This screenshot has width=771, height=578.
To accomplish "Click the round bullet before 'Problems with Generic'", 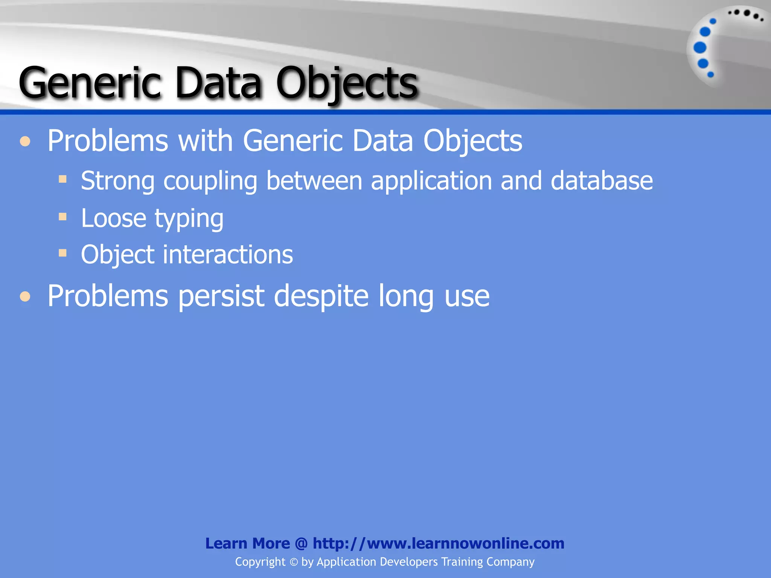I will point(25,141).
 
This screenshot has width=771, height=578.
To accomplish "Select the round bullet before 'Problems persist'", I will point(25,297).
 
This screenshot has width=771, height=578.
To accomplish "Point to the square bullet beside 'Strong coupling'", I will point(63,179).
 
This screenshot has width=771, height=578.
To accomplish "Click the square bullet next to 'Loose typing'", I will point(63,216).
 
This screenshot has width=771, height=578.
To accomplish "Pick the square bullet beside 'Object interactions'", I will point(63,253).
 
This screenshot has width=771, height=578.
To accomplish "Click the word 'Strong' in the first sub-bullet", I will point(117,181).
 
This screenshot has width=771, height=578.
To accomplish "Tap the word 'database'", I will point(602,181).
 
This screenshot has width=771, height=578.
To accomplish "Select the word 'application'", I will point(431,181).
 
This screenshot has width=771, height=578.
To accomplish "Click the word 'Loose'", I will point(113,218).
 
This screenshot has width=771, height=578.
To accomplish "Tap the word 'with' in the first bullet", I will point(206,141).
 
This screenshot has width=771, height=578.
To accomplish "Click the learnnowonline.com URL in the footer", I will point(438,543).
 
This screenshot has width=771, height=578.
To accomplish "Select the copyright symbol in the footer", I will point(294,562).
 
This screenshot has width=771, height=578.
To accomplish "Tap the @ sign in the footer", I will point(301,543).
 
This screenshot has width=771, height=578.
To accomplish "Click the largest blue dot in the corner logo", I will point(700,48).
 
